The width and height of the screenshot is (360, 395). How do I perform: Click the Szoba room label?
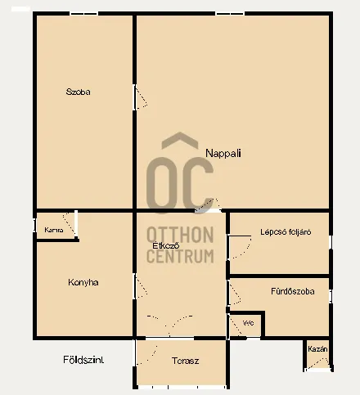pos(79,92)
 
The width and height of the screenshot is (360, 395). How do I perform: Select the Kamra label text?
pos(54,231)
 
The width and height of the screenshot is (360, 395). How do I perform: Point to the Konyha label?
pos(83,283)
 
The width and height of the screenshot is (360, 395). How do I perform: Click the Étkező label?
pos(166,245)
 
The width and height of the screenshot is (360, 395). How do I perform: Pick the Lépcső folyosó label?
pos(280,231)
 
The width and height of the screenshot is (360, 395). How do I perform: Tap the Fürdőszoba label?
pos(292,291)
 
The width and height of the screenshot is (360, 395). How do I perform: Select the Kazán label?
pos(317,349)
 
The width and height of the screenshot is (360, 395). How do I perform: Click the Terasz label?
pos(187,361)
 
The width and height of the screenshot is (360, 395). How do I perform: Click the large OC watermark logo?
pos(180,176)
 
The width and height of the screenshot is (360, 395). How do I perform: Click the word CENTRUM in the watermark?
pos(180,256)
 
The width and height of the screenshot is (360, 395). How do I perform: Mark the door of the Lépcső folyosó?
pos(238,246)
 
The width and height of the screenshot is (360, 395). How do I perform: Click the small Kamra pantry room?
pos(54,227)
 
